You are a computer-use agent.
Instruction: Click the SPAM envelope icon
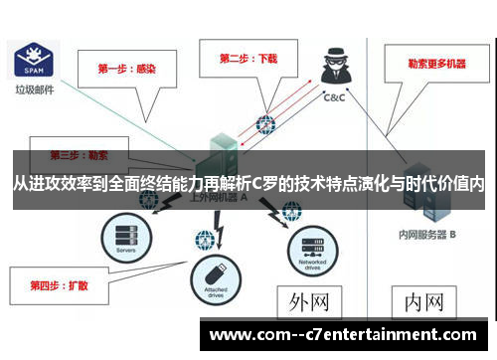[x=30, y=60]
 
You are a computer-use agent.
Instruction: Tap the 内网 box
[x=422, y=300]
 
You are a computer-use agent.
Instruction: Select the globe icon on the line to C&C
[x=265, y=125]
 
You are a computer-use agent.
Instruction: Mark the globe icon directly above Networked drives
[x=291, y=211]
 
